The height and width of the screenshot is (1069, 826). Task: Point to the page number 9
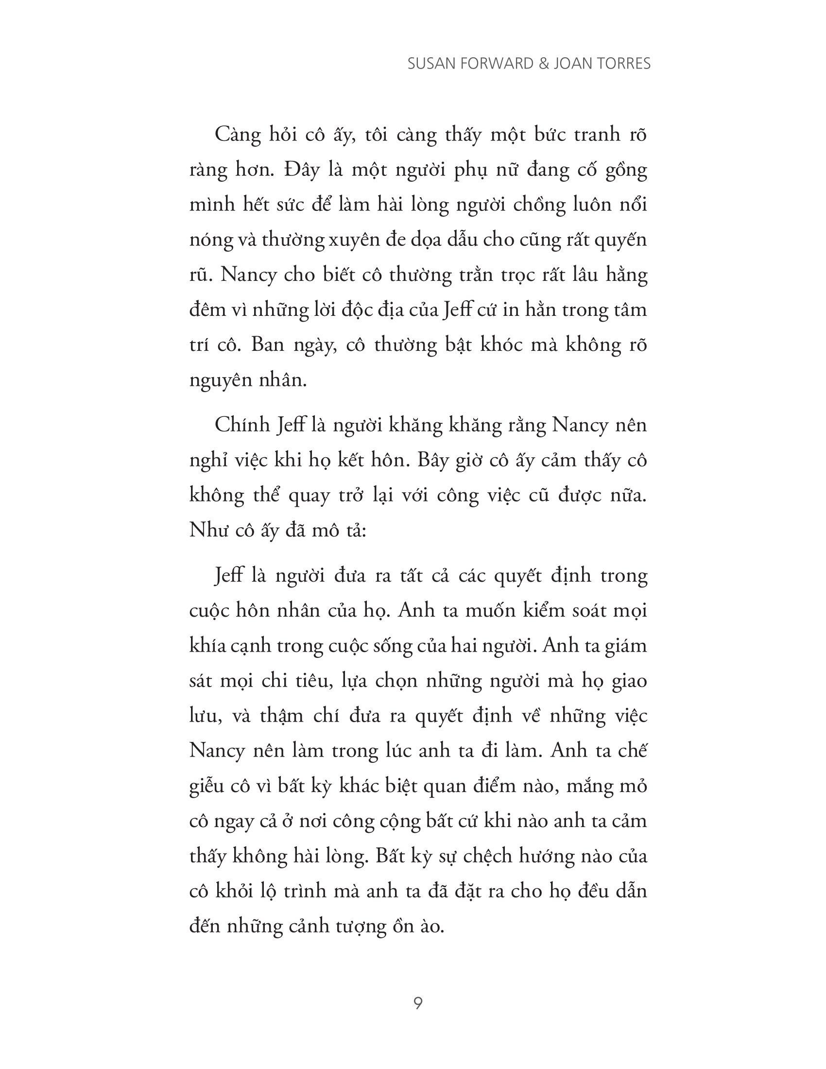pos(418,1004)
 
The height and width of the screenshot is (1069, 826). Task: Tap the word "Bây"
pos(433,461)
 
